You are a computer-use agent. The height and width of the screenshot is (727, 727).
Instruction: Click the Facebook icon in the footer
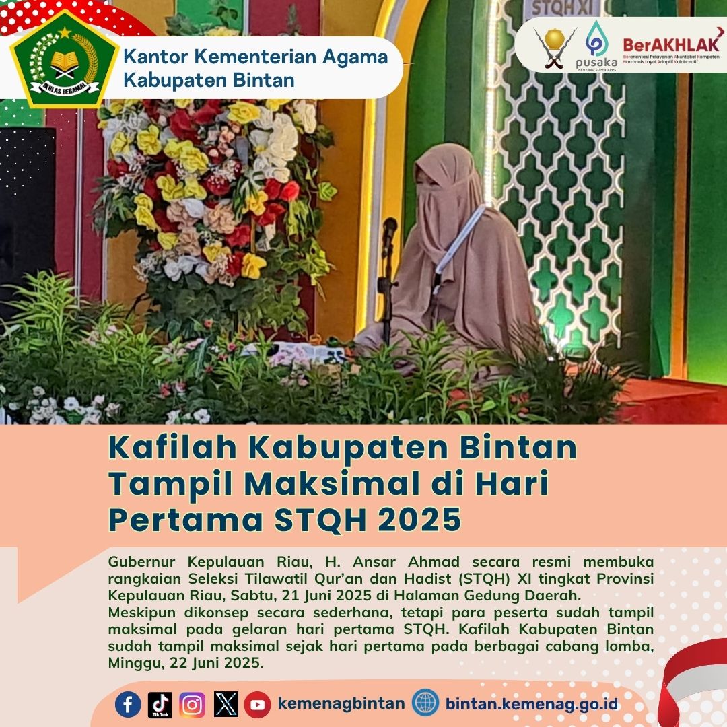click(x=128, y=704)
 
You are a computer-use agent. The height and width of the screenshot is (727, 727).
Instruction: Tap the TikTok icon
click(x=160, y=705)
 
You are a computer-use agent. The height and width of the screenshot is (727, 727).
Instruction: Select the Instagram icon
click(x=192, y=705)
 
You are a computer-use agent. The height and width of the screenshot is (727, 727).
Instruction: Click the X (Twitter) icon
click(x=226, y=704)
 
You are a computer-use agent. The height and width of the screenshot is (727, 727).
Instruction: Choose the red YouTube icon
click(x=257, y=705)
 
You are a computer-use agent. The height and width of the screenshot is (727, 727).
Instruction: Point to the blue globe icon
click(x=425, y=702)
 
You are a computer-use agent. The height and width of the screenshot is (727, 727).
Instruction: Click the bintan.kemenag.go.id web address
click(x=531, y=704)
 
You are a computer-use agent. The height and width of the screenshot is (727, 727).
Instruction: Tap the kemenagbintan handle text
click(x=341, y=703)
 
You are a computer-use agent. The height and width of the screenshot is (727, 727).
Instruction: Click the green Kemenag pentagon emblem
click(x=65, y=59)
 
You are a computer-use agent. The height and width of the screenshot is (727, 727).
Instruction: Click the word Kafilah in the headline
click(x=172, y=448)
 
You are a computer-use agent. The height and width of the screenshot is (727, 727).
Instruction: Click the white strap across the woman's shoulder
click(x=459, y=240)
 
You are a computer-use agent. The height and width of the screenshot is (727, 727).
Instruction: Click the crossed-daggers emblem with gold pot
click(x=555, y=47)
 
